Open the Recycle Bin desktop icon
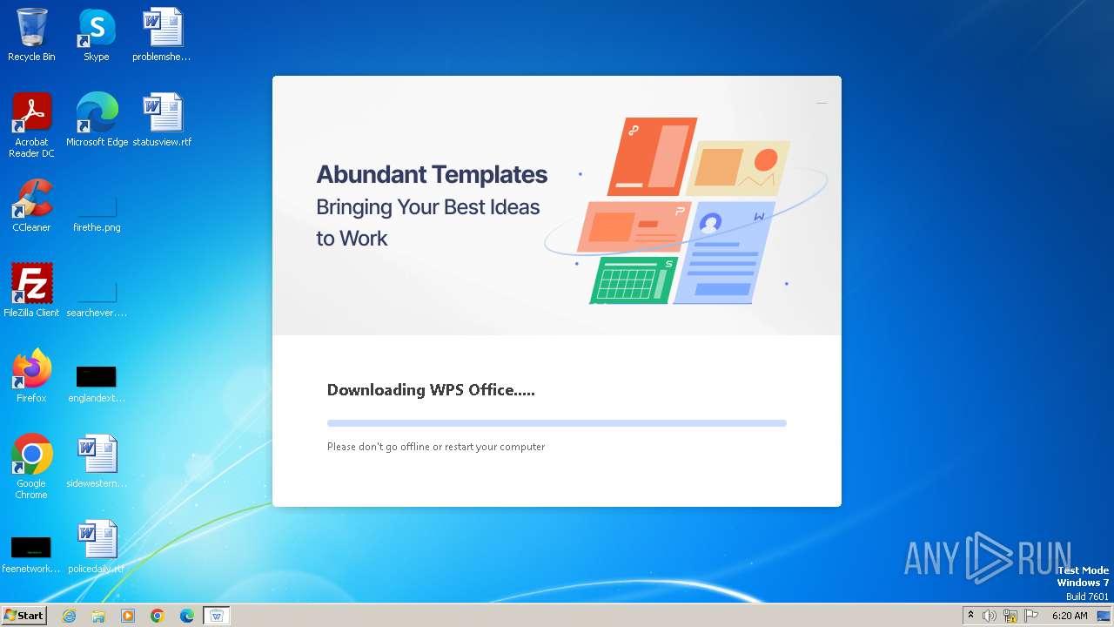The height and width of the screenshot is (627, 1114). (x=31, y=28)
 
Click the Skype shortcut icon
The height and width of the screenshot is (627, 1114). (x=97, y=28)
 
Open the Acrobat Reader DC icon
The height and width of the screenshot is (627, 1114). (x=31, y=113)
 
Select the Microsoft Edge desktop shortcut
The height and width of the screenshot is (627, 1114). (x=97, y=113)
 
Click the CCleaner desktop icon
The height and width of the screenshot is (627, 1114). (x=31, y=199)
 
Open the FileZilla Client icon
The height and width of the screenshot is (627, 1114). (x=31, y=284)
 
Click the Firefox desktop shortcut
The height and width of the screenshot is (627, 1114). (x=31, y=369)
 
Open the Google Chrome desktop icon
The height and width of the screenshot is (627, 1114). (x=31, y=455)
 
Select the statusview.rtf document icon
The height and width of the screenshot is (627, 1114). (x=162, y=113)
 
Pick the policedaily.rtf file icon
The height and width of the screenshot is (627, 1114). (x=97, y=540)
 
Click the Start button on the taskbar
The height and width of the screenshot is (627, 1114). (x=24, y=616)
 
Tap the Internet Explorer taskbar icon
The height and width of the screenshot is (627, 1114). (x=69, y=616)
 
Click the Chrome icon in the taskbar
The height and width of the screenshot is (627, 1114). (x=158, y=616)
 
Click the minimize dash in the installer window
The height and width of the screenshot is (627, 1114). (x=822, y=103)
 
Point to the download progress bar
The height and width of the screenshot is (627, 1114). (x=557, y=423)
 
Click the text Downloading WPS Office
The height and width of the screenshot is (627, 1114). (x=431, y=389)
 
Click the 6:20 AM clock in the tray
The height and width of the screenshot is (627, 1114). (x=1070, y=616)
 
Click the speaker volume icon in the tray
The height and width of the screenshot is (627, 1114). (x=990, y=616)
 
